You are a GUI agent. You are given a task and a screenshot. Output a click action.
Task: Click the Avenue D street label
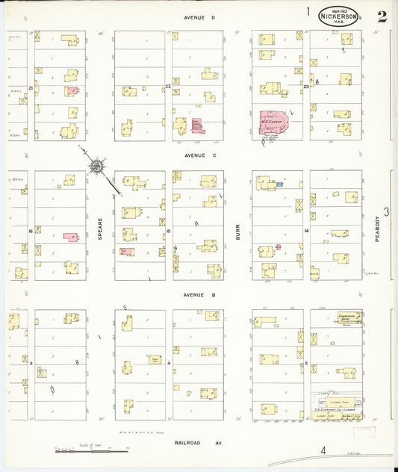coord(199,16)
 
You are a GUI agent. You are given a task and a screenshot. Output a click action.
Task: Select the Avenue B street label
coord(199,295)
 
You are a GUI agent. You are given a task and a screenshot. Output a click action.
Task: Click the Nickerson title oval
coord(339,16)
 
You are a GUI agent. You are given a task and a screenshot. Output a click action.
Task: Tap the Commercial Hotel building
coord(349,317)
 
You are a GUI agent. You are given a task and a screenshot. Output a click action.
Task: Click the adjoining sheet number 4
coord(323,450)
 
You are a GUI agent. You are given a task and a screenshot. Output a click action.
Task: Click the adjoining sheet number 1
coord(308,11)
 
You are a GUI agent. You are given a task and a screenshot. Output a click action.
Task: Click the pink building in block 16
coord(71,237)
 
